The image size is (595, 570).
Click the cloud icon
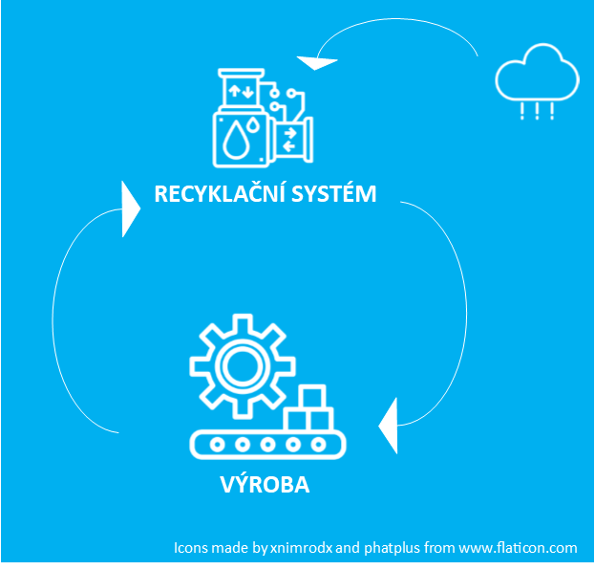[x=537, y=75]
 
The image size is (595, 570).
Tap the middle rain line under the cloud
[x=537, y=111]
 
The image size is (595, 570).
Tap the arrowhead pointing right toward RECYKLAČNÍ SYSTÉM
[x=131, y=208]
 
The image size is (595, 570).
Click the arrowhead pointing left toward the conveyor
[x=388, y=424]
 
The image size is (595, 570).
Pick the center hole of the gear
[x=234, y=363]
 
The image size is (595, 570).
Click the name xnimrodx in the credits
[x=301, y=548]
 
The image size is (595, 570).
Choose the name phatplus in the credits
[x=395, y=548]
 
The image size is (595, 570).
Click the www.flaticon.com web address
[x=519, y=548]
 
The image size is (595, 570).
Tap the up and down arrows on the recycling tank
[x=239, y=92]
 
